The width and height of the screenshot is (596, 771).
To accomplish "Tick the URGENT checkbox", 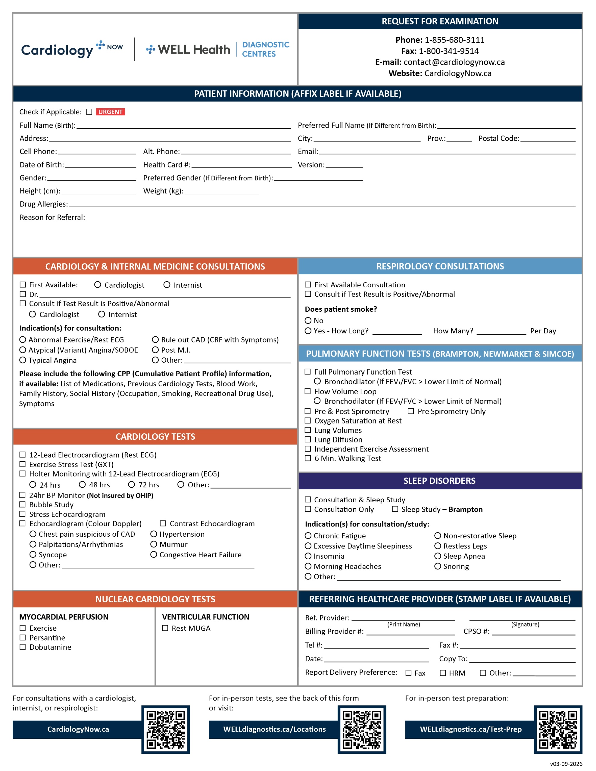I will pos(89,112).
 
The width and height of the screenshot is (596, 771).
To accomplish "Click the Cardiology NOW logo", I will pos(72,49).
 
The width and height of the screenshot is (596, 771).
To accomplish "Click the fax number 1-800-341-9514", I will pos(448,51).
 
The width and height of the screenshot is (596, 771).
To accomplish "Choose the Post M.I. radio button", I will pos(155,350).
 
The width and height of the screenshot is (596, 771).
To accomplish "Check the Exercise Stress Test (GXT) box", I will pos(23,464).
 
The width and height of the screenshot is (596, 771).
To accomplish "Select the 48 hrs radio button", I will pos(82,485).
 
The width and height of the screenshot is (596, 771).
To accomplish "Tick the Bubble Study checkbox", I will pos(23,504).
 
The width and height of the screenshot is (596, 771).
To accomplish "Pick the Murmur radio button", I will pos(154,544).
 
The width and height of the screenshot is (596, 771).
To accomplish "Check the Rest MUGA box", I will pos(165,628).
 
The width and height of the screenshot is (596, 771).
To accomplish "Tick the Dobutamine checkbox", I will pos(23,647).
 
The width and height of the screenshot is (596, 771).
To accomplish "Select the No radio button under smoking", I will pos(308,320).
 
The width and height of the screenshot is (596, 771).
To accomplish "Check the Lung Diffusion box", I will pos(308,439).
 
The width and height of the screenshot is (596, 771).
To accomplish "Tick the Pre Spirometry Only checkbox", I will pos(410,411).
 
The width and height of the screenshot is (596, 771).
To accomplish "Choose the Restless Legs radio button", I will pos(438,546).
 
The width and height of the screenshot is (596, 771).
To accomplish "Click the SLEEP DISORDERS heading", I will pos(440,481).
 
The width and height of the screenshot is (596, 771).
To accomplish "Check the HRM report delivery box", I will pos(443,673).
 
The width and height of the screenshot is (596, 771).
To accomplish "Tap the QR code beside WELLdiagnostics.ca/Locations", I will pos(362,730).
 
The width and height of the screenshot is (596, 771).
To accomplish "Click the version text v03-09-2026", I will pos(566,763).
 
